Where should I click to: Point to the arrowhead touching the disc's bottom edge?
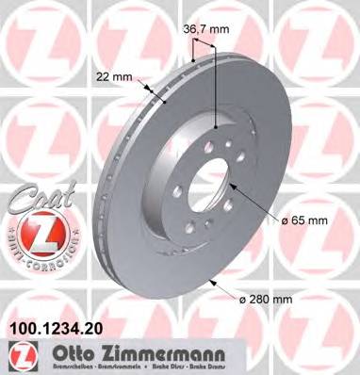click(212, 283)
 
